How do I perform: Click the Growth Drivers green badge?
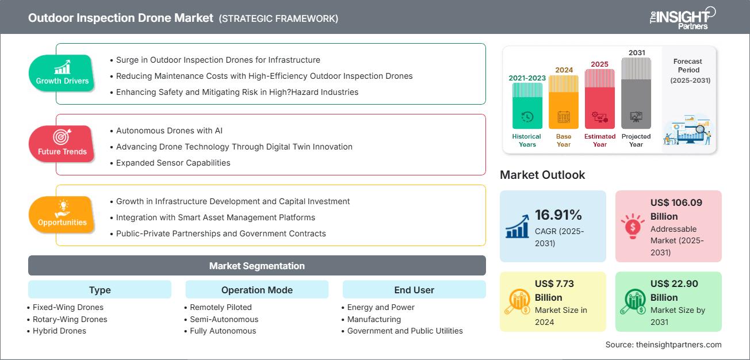62,73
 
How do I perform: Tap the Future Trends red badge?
62,144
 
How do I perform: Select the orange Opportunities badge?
62,215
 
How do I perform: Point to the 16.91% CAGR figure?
558,215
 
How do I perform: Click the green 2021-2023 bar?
527,106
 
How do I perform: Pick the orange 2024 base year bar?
564,102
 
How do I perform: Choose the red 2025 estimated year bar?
600,99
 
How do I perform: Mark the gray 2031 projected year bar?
636,93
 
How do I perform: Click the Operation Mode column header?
257,290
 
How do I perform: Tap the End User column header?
414,290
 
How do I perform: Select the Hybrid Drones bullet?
59,331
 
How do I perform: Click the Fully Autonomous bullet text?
223,331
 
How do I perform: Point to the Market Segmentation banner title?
257,266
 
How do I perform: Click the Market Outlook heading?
542,175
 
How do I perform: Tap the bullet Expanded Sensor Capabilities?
173,163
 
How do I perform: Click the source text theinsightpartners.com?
679,344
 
